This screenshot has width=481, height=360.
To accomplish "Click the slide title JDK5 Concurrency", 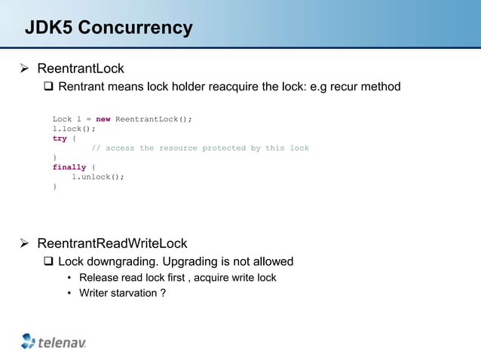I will coord(109,29).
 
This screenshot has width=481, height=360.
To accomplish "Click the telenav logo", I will coord(54,341).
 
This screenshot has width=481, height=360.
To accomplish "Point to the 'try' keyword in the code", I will coord(60,139).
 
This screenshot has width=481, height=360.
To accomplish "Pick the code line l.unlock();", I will coord(98,177).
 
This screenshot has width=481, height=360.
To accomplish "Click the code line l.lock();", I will coord(74,129).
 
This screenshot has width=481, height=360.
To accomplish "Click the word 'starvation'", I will coord(134,293).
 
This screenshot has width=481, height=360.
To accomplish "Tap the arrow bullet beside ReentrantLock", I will coord(23,69).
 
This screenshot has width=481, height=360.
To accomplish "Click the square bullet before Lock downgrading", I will coord(49,262).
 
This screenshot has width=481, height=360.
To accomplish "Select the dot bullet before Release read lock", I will coord(69,278).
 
